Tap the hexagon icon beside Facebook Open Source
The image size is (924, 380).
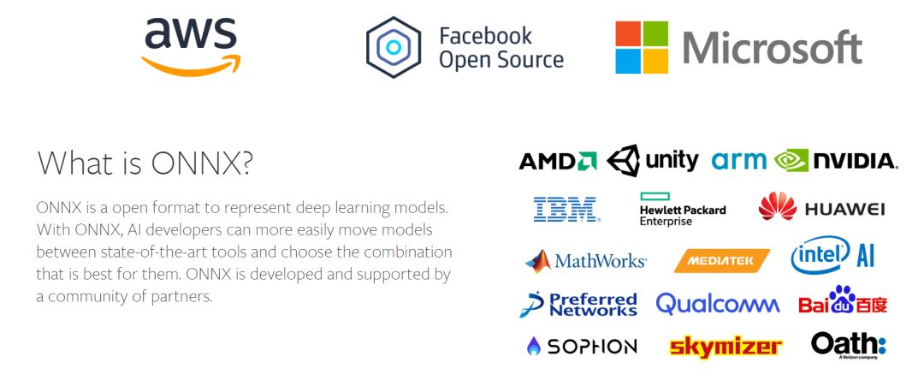tap(393, 48)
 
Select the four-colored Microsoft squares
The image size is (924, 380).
tap(641, 48)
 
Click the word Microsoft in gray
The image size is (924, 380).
tap(772, 48)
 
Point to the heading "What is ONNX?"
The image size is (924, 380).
tap(145, 163)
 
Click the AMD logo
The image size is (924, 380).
tap(557, 161)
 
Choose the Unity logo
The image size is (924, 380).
tap(653, 160)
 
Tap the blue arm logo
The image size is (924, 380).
tap(739, 161)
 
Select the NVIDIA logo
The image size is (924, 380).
tap(836, 161)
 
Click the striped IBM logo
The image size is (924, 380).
tap(566, 209)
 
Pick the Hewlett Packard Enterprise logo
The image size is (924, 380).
tap(682, 209)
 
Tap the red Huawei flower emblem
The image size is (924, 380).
tap(777, 207)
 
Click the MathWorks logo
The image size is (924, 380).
tap(586, 260)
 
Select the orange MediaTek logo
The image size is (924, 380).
tap(721, 260)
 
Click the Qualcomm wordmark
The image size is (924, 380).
tap(717, 304)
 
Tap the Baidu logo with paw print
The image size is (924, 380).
tap(842, 302)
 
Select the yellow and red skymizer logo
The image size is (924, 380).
tap(726, 347)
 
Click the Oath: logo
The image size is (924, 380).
tap(848, 345)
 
